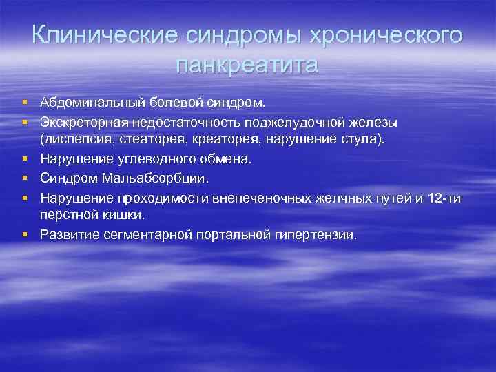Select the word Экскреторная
[x=80, y=122]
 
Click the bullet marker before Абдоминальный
[x=24, y=103]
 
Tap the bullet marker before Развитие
[x=24, y=234]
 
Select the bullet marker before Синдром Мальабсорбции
[x=24, y=178]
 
